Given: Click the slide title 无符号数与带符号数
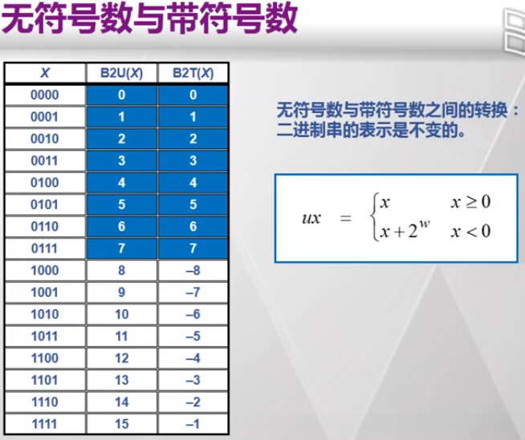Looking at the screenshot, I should click(149, 20).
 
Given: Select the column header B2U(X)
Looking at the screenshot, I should click(121, 74).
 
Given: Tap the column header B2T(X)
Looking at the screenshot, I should click(193, 74).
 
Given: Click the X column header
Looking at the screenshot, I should click(45, 74).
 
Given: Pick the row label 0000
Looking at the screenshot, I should click(45, 95).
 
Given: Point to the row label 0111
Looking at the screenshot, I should click(45, 248).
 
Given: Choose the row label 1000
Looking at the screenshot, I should click(45, 270).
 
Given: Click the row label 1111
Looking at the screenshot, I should click(45, 424).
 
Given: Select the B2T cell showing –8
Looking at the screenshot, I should click(193, 270).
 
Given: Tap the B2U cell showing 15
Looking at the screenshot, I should click(121, 424).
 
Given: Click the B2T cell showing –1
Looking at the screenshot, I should click(193, 424).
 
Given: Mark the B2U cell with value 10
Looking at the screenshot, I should click(121, 314).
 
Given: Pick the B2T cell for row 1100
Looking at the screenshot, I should click(193, 358).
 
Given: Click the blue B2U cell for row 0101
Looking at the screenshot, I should click(121, 204).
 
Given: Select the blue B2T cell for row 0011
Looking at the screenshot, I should click(193, 160).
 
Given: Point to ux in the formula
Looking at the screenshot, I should click(311, 218).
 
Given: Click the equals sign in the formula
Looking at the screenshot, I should click(345, 218).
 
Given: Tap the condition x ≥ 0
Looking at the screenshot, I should click(470, 202).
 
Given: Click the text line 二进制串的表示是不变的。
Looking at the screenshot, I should click(370, 129).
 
